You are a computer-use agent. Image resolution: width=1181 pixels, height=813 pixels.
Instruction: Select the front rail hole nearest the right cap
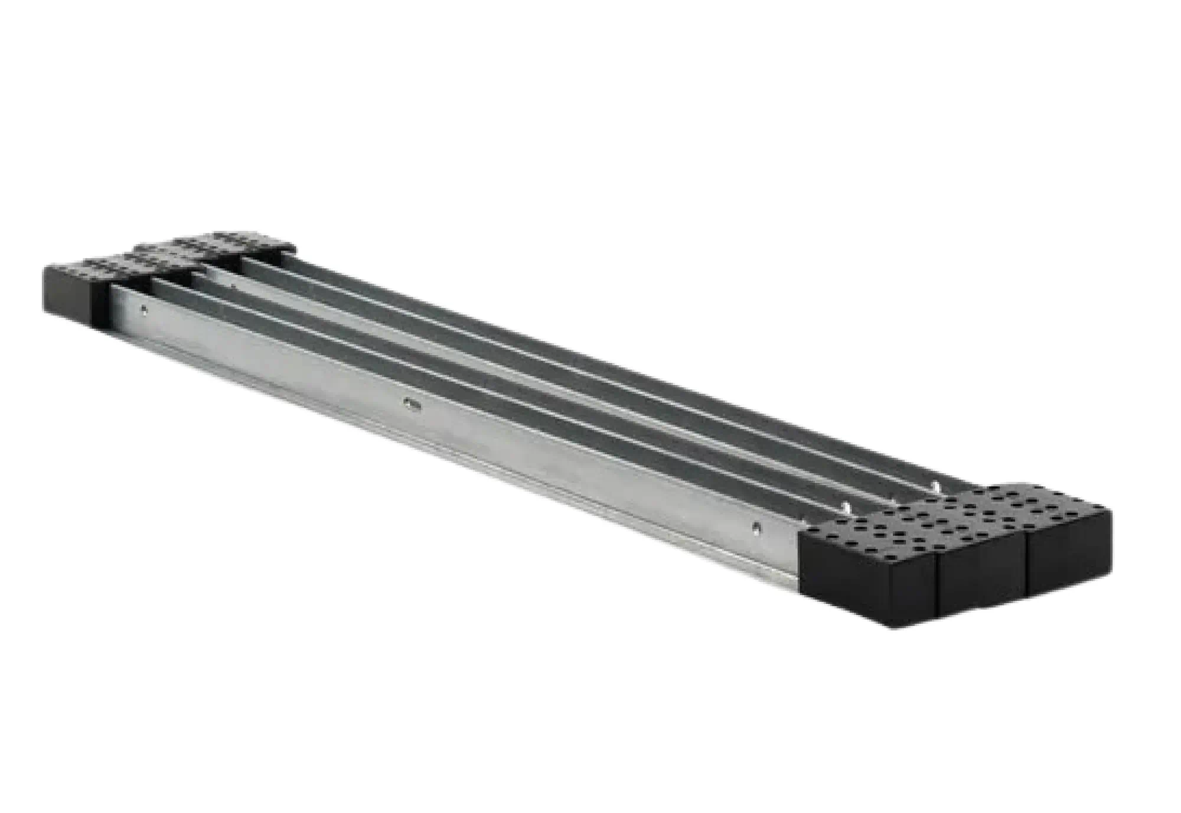pyautogui.click(x=756, y=526)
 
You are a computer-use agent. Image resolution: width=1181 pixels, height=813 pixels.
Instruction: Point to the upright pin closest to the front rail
pyautogui.click(x=846, y=507)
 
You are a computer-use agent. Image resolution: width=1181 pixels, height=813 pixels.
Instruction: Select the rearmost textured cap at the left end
pyautogui.click(x=254, y=242)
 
